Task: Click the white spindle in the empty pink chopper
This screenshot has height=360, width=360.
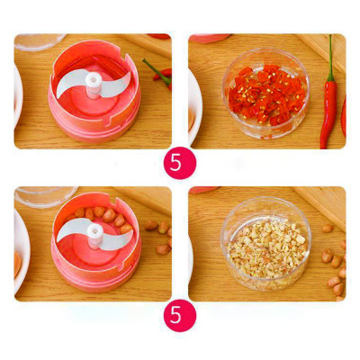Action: point(92,82)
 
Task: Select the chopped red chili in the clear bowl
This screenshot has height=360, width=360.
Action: point(265,94)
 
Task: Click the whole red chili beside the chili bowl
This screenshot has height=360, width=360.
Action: point(328,108)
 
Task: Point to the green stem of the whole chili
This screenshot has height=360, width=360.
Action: point(331,54)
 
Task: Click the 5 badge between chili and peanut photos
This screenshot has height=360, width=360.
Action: point(179,165)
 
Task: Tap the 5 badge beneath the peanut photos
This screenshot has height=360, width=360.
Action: point(179,318)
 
